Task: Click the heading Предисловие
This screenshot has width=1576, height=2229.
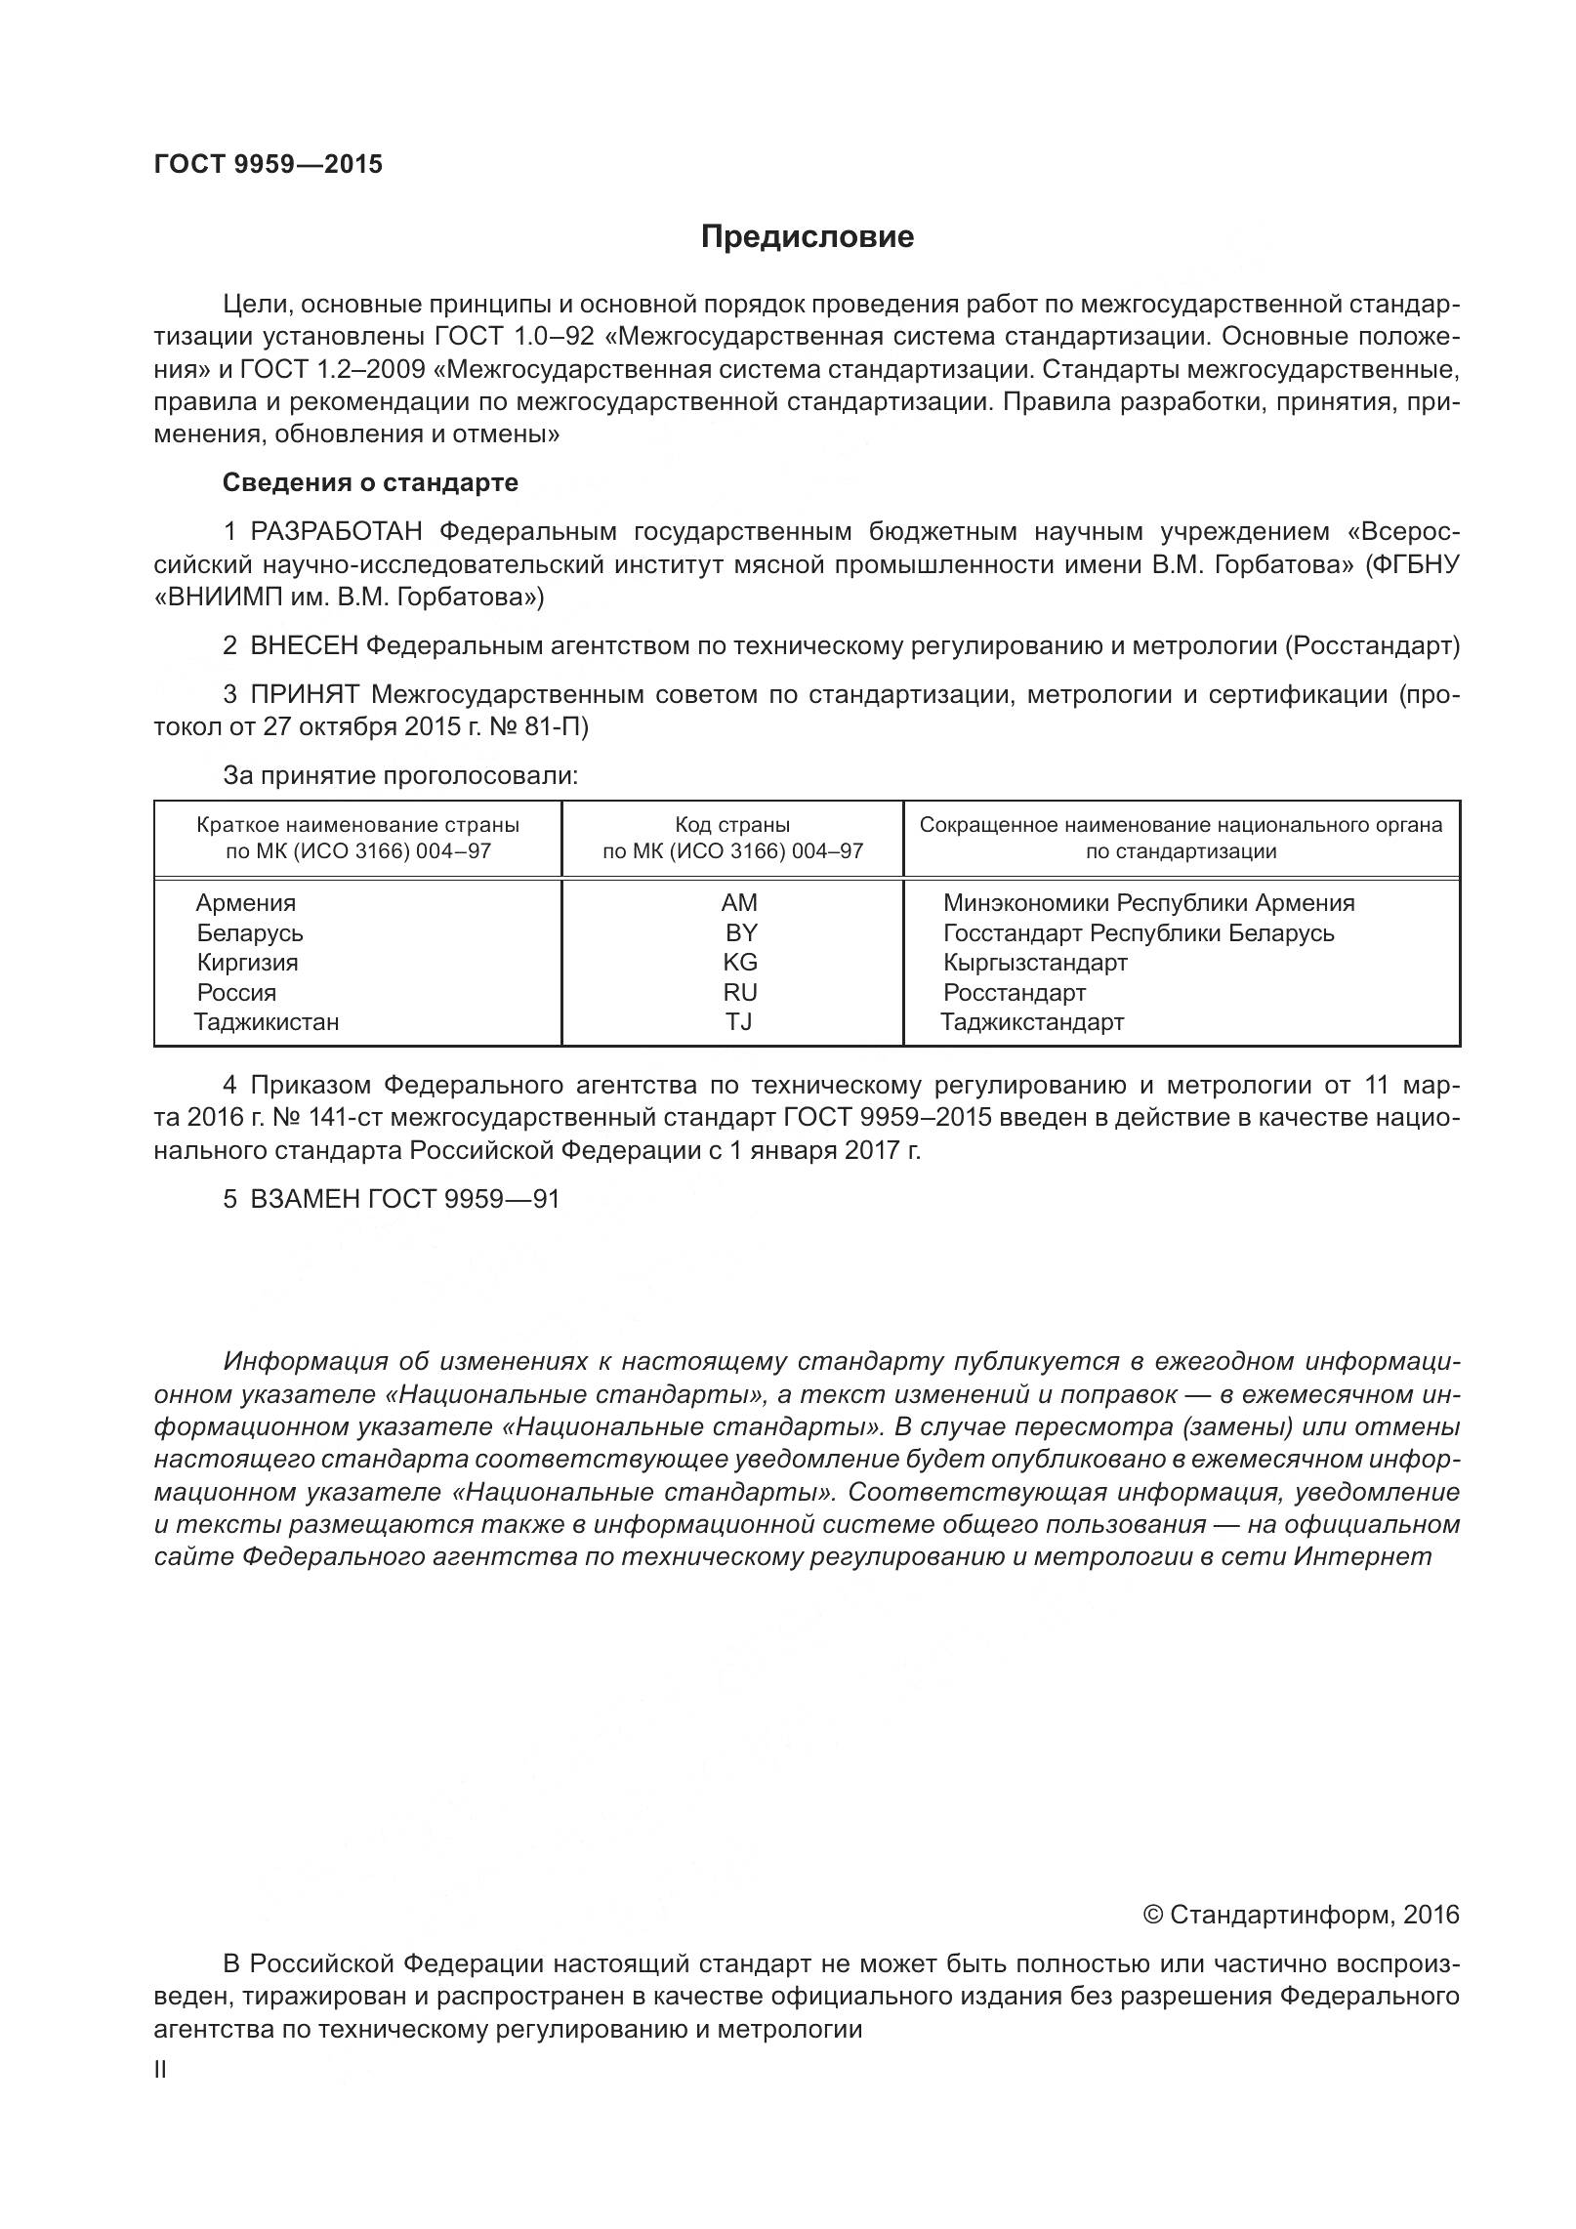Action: tap(807, 237)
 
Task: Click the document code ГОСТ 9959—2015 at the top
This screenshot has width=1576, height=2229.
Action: tap(269, 164)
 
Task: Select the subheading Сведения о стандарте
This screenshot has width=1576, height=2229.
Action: tap(370, 482)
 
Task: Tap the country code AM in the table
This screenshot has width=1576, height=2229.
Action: tap(739, 903)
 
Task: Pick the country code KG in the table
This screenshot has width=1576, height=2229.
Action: tap(739, 963)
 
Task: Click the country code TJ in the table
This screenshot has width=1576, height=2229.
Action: tap(738, 1022)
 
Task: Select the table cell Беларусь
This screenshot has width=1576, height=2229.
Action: tap(250, 933)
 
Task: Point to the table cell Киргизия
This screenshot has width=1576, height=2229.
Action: tap(247, 963)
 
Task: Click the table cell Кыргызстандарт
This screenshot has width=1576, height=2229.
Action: tap(1035, 963)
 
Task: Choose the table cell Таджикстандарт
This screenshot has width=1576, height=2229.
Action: tap(1032, 1022)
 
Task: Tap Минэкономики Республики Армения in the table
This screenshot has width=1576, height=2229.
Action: tap(1148, 903)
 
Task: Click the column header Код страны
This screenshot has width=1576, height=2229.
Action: tap(732, 825)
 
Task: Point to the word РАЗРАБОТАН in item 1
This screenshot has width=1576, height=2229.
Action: tap(337, 532)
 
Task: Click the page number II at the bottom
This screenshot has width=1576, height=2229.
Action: tap(161, 2096)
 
